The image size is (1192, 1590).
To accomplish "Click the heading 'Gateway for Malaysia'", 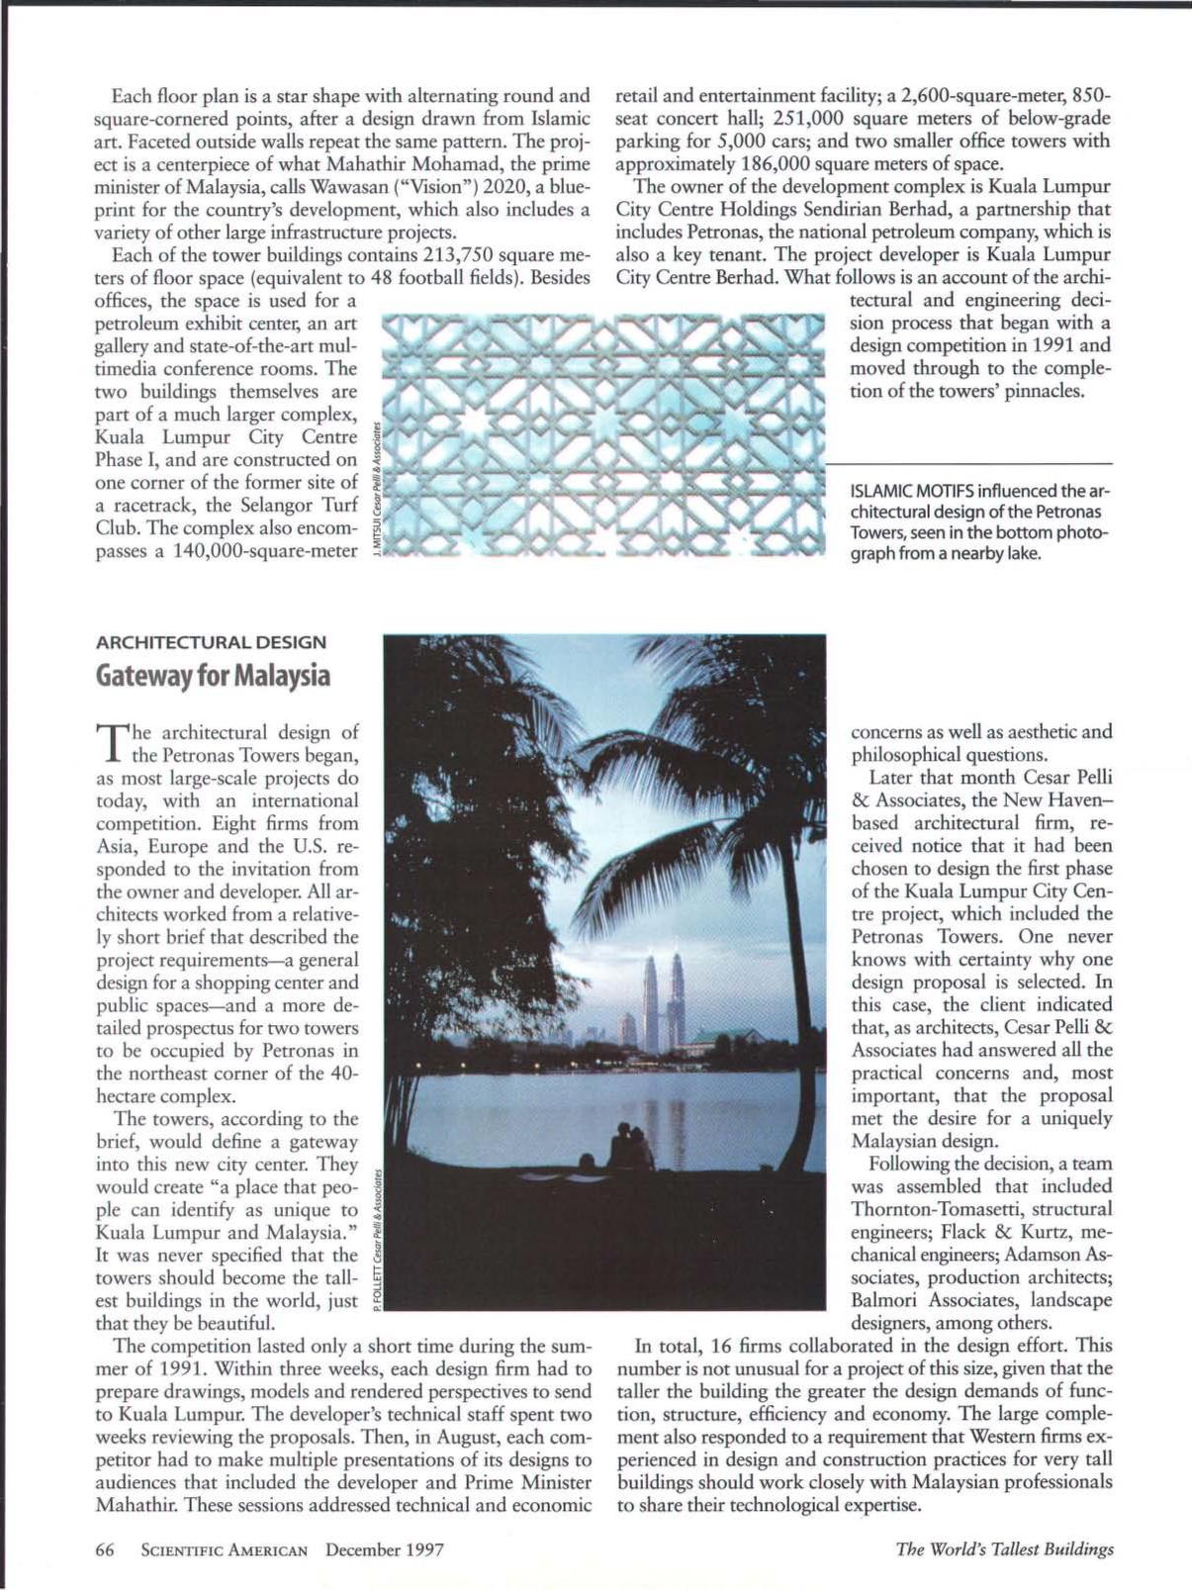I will pyautogui.click(x=213, y=676).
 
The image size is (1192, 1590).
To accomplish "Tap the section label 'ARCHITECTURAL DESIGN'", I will pyautogui.click(x=211, y=641).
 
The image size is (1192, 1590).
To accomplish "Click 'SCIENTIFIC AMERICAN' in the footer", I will pyautogui.click(x=225, y=1548).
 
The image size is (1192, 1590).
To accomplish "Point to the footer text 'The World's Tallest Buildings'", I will pyautogui.click(x=1004, y=1548).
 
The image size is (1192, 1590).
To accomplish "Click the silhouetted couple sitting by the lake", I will pyautogui.click(x=630, y=1148).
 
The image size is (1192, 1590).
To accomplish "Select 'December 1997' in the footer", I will pyautogui.click(x=384, y=1548).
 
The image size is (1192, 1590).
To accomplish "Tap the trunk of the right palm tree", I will pyautogui.click(x=806, y=989).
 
